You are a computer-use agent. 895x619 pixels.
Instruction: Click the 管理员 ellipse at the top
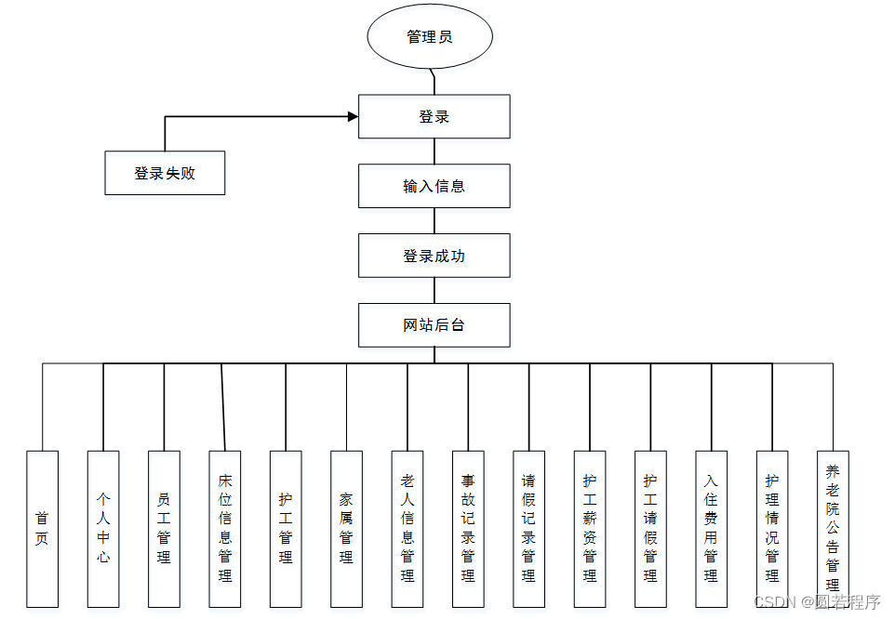coord(429,37)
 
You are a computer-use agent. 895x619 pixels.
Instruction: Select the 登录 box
coord(434,116)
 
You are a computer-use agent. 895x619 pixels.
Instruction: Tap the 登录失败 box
coord(165,173)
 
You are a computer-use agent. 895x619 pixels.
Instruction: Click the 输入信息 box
coord(434,186)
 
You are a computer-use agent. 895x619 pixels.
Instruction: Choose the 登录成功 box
coord(434,256)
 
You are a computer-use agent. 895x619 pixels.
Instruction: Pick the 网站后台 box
coord(434,325)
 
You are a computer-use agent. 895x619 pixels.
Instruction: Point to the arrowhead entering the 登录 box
coord(353,116)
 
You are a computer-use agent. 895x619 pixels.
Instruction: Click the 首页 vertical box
coord(42,528)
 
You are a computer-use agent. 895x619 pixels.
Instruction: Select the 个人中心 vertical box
coord(103,528)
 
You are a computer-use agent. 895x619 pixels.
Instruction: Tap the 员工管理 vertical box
coord(164,528)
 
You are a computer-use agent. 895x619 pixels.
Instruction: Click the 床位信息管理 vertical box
coord(225,528)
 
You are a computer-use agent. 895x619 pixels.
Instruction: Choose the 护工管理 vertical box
coord(286,528)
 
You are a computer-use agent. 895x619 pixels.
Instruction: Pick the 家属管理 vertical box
coord(346,528)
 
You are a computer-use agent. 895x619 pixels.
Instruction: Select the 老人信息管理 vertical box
coord(407,528)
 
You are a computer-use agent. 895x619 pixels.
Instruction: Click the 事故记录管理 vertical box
coord(468,528)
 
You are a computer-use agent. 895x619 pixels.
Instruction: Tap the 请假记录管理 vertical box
coord(528,528)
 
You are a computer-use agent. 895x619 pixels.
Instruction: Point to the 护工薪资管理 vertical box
coord(590,528)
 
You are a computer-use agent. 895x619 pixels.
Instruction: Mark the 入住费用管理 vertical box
coord(711,528)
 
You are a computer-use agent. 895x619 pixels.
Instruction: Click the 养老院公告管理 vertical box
coord(833,528)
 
